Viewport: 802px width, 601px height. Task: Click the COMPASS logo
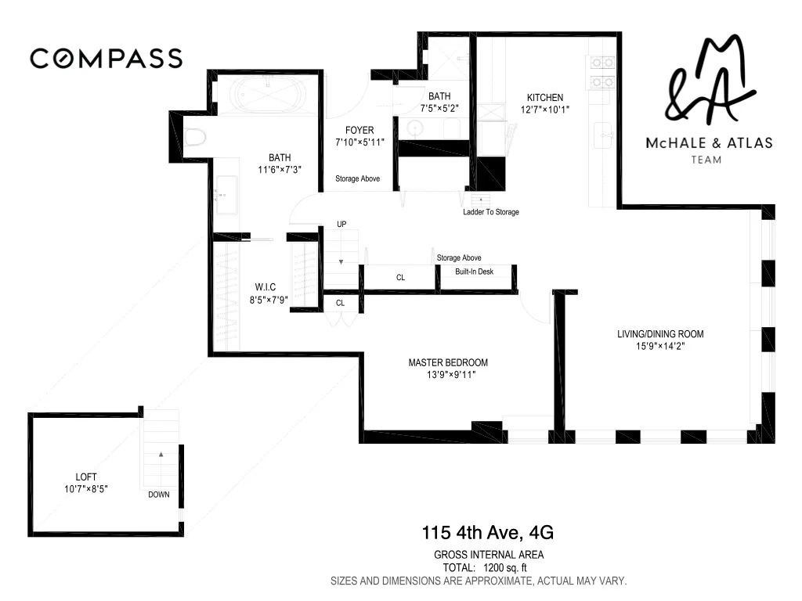106,58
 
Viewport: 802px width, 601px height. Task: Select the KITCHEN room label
544,98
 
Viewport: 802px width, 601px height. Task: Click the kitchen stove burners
601,71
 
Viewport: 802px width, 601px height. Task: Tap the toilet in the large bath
196,139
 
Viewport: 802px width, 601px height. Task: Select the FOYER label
359,130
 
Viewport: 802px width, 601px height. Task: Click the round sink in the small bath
414,128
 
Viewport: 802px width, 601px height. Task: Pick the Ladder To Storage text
490,212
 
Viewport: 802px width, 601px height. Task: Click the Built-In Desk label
475,272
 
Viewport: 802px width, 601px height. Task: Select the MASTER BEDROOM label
447,362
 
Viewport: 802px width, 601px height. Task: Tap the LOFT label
86,477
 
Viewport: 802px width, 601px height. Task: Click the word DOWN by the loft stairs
159,495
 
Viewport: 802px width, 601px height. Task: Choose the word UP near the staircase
341,225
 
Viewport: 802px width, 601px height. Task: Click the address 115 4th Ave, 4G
487,534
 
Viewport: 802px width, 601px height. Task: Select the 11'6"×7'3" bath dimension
279,169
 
